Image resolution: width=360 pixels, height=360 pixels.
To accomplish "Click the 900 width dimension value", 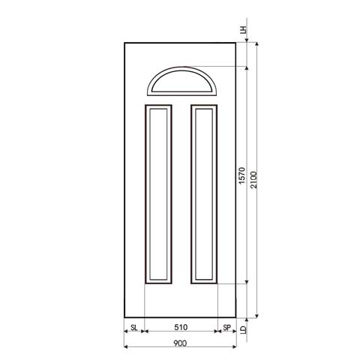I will point(180,343).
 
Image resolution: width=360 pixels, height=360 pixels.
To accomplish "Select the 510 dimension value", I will point(180,328).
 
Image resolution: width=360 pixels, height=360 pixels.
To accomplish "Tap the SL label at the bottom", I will point(133,328).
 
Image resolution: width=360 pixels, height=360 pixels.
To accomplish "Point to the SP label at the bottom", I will point(226,328).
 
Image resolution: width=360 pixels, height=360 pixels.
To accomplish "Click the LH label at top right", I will point(242,31).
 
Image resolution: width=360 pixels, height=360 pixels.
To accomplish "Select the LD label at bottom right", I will point(244,329).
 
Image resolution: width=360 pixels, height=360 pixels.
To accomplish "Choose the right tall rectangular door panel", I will point(203,193).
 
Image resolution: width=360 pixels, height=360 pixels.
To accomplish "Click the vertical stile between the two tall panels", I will point(181,193).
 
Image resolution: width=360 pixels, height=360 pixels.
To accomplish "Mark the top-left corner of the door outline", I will point(124,43).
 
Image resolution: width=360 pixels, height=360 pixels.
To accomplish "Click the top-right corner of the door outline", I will point(237,43).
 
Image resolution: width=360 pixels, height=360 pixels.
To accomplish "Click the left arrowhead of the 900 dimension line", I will point(125,348).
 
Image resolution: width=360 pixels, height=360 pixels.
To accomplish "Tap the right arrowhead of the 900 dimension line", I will point(235,348).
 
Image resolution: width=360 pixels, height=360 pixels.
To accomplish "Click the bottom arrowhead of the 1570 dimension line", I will point(248,283).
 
